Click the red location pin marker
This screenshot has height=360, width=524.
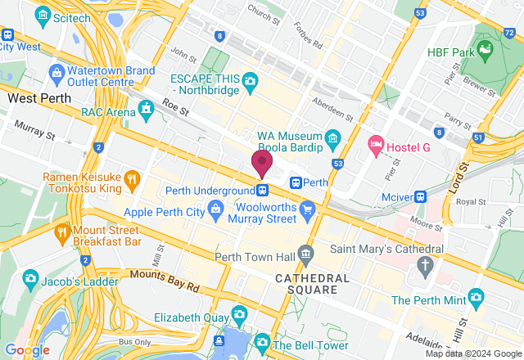(262, 163)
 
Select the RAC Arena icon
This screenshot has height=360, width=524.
(147, 108)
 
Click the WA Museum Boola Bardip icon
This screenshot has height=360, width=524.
(332, 136)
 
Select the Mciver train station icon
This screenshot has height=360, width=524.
(420, 196)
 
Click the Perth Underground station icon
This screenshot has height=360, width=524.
(263, 191)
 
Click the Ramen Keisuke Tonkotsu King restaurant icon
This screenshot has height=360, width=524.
(131, 178)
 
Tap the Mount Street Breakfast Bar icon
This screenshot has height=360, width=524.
(63, 232)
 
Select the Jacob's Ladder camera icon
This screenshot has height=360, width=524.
(31, 277)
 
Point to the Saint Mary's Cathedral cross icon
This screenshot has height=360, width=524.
(424, 263)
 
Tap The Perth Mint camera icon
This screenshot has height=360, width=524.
(476, 298)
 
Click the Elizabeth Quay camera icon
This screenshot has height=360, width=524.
(239, 313)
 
